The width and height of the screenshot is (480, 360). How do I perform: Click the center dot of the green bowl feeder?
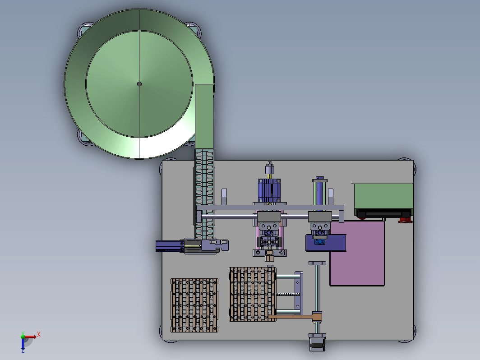139,84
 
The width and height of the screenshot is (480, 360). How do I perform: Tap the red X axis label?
39,334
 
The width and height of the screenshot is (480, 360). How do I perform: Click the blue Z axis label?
23,351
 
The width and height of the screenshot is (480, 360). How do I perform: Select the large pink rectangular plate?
357,253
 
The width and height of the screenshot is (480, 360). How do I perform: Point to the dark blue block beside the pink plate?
326,243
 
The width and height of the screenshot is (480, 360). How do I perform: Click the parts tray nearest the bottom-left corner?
194,305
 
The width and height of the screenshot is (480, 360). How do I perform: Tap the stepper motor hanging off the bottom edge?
317,342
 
